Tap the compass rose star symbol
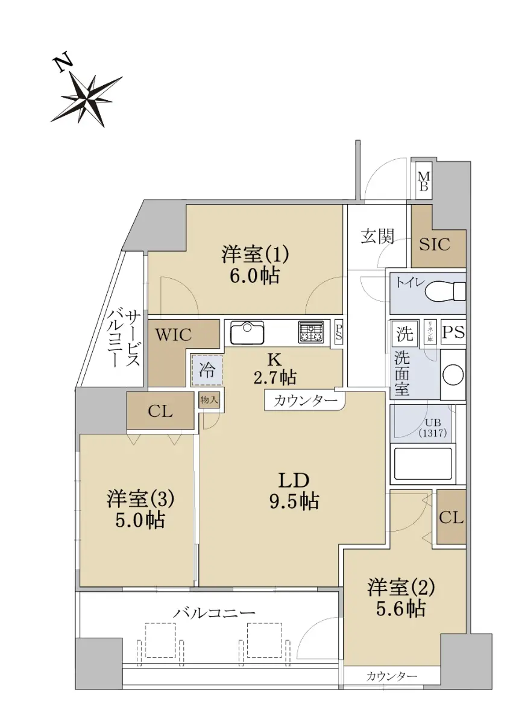pos(87,101)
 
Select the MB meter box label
pos(424,181)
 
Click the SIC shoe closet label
pos(435,244)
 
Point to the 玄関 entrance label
pos(377,237)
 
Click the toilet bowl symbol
pos(445,291)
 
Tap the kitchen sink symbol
pos(247,332)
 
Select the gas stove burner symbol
pos(311,332)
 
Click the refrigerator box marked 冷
pos(207,370)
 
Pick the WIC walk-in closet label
pos(174,335)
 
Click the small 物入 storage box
pos(209,400)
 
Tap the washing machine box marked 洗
pos(405,334)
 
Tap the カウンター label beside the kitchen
pos(306,401)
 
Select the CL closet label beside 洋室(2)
pos(452,518)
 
